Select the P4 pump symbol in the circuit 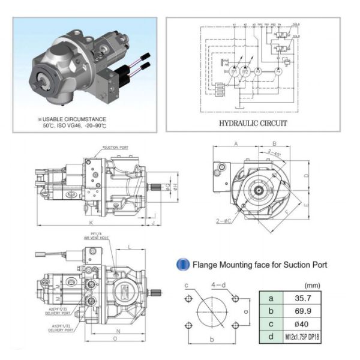coord(278,71)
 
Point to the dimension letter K coord(91,223)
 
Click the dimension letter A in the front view coord(236,144)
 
